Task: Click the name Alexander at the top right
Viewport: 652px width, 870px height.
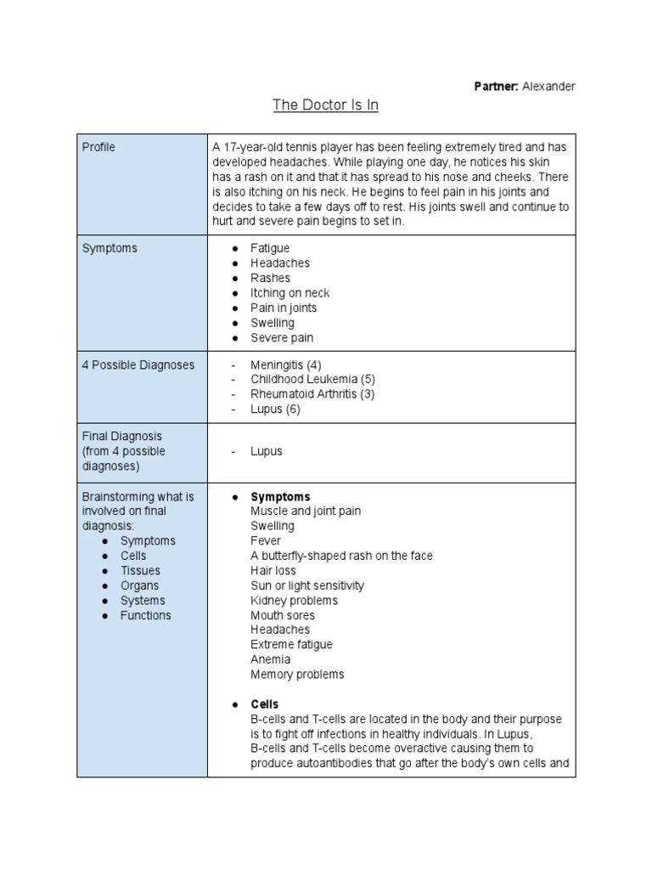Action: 548,87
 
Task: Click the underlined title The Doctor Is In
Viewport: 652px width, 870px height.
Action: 325,105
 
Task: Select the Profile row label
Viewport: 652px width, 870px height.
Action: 98,147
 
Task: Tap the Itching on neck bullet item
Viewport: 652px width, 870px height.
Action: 289,293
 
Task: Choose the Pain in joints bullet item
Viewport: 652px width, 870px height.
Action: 284,308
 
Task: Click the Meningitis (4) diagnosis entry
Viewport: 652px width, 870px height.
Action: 285,364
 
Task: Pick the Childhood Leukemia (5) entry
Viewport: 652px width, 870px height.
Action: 312,379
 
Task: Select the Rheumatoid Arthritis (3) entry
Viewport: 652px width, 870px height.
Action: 312,394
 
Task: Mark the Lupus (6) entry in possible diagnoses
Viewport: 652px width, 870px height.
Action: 275,409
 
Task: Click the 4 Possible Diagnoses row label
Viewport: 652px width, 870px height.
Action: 138,364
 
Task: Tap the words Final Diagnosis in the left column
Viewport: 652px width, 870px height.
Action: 121,436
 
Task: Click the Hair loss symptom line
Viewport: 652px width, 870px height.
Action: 274,570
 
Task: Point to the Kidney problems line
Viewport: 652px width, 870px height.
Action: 294,600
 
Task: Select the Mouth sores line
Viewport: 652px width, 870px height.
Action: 282,615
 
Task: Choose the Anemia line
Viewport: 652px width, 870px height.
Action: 270,659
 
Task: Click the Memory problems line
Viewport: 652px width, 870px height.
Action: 297,675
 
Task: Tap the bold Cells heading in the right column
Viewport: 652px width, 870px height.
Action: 264,704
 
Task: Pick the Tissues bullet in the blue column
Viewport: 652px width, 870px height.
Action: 140,570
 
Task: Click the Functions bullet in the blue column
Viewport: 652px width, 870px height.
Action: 145,615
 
